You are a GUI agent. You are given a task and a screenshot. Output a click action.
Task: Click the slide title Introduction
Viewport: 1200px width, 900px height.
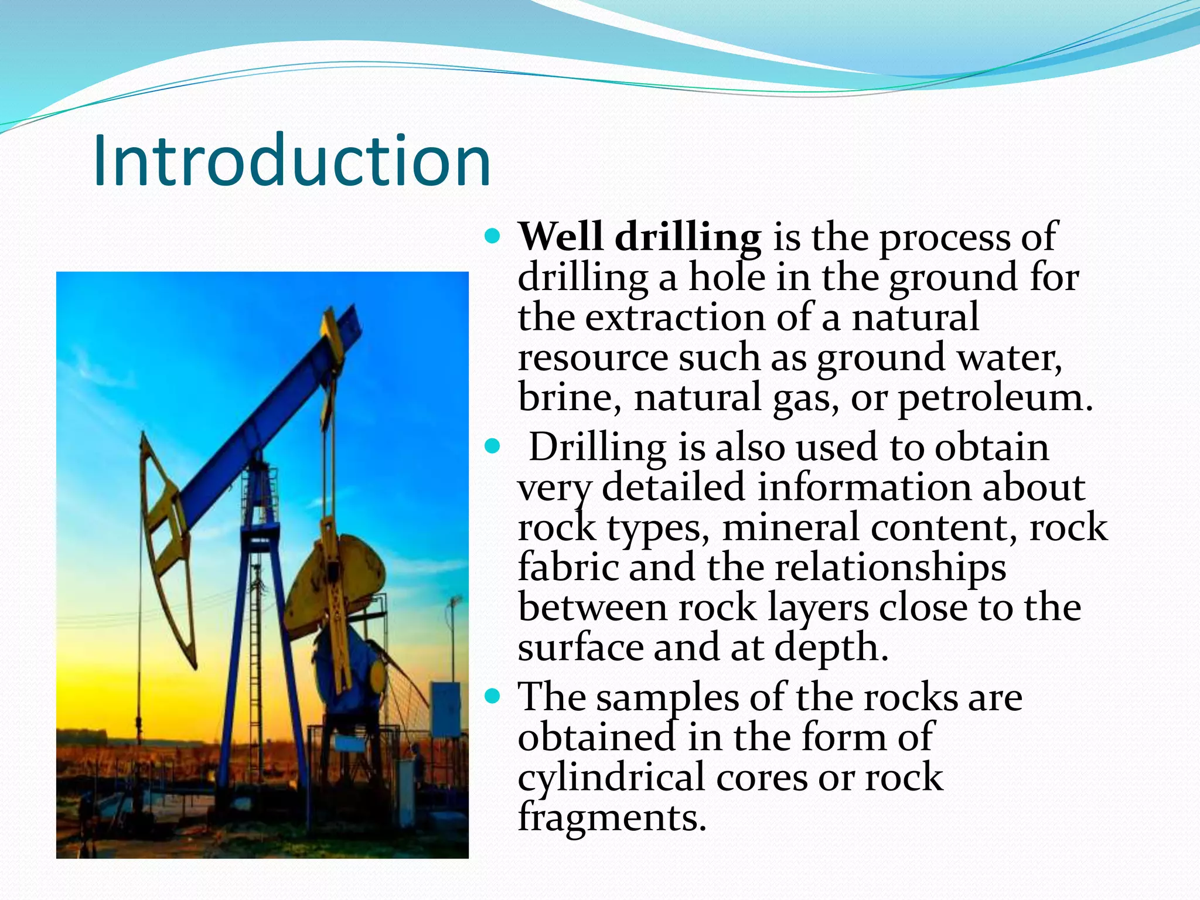[x=291, y=161]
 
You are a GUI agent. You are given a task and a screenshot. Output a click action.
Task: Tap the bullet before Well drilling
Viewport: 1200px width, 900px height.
[x=493, y=237]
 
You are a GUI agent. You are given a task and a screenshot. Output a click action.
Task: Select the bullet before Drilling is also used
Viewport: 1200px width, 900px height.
[x=493, y=447]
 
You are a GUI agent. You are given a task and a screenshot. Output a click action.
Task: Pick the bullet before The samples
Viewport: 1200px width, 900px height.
[x=493, y=697]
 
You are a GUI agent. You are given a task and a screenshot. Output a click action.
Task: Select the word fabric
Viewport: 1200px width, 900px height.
[x=568, y=567]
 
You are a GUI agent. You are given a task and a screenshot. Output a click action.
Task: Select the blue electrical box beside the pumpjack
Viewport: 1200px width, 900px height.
[x=446, y=709]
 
